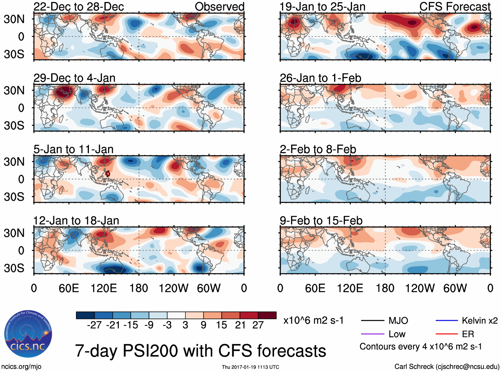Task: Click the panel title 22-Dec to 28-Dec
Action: tap(79, 7)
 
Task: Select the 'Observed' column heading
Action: tap(219, 7)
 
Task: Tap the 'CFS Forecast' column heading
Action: tap(455, 7)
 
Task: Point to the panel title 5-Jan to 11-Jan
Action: tap(73, 149)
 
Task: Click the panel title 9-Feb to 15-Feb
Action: tap(321, 221)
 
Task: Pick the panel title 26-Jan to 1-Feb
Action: tap(320, 78)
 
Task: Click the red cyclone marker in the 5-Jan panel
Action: tap(108, 174)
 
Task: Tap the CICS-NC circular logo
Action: tap(28, 334)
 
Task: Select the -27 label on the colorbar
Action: tap(94, 325)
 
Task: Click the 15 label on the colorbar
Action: tap(222, 325)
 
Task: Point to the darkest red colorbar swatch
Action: tap(267, 315)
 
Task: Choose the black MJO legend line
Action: tap(372, 321)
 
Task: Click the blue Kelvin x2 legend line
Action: tap(447, 321)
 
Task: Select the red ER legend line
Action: tap(447, 334)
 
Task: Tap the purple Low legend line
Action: tap(372, 334)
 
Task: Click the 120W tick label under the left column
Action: tap(174, 288)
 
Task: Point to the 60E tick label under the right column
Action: tap(315, 288)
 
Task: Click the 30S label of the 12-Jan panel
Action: tap(14, 268)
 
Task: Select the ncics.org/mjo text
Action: tap(21, 367)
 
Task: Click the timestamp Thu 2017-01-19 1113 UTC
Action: tap(250, 367)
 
